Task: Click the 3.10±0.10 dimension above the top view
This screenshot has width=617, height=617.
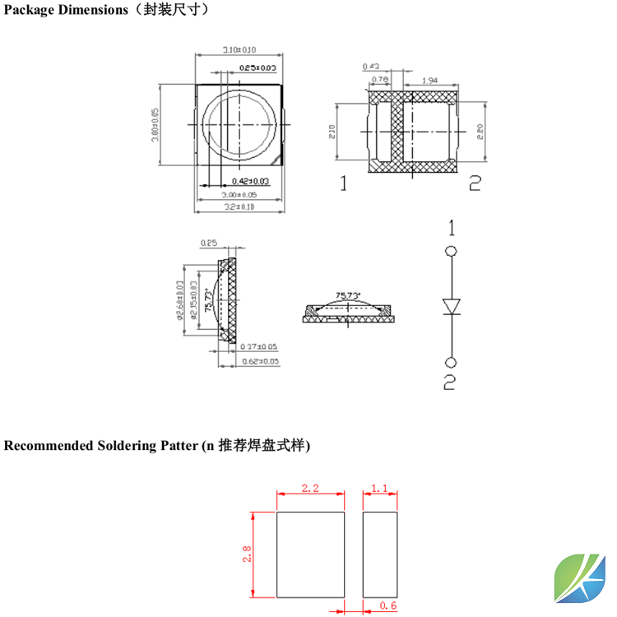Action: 239,49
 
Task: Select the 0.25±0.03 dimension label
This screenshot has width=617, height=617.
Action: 257,67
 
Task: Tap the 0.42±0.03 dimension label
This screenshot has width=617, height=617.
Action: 250,181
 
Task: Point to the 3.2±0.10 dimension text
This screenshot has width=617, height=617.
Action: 239,206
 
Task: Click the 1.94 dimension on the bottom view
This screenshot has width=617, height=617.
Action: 429,80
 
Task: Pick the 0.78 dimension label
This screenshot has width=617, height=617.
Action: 381,80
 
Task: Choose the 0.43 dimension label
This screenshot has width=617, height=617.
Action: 370,67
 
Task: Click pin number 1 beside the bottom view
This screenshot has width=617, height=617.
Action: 344,183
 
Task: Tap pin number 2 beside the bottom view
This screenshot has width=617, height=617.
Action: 474,183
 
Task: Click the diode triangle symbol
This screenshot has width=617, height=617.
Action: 451,306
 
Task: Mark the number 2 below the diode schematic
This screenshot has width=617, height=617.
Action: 450,382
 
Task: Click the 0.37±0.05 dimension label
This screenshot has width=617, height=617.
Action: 258,347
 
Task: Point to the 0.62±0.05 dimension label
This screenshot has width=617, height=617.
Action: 258,361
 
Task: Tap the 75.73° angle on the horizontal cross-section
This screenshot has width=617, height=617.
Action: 348,295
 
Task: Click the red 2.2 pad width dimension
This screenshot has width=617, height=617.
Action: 309,489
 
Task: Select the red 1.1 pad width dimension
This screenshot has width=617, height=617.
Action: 379,489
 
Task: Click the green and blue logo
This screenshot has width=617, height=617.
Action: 582,580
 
